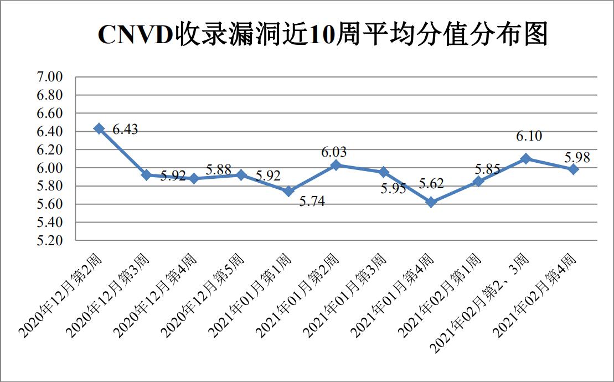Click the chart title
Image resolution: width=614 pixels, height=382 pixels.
(322, 35)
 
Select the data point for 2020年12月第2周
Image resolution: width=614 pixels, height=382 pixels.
(99, 128)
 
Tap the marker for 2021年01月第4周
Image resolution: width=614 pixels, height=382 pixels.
(431, 203)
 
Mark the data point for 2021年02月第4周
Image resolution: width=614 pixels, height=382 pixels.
(574, 169)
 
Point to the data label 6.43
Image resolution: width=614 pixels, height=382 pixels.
(125, 130)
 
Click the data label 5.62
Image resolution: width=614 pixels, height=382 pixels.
(431, 184)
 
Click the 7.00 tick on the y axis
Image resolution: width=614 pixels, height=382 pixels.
(49, 77)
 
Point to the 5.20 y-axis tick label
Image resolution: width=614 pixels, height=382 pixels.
(49, 241)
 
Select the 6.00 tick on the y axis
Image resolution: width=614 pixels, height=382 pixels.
(49, 168)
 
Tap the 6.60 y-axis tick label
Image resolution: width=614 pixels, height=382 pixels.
(49, 113)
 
